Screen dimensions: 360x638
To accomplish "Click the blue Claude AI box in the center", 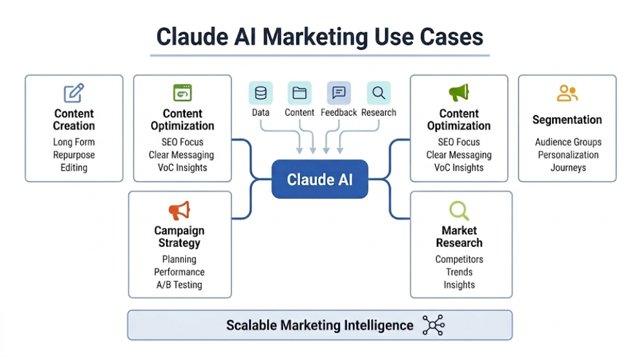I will tap(319, 179).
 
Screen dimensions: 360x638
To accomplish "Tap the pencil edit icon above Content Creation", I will tap(74, 93).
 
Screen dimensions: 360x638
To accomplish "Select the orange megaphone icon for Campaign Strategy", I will tap(179, 211).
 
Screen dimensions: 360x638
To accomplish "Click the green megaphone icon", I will tap(458, 93).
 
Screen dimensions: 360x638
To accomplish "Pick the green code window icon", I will tap(182, 93).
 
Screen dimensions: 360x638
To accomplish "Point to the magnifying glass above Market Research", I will tap(459, 210).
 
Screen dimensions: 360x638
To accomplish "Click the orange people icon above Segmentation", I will tap(567, 93).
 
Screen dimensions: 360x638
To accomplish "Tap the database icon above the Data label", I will tap(261, 93).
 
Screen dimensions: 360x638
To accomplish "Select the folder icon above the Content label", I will tap(299, 93).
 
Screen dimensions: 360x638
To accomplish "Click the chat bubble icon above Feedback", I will tap(339, 93).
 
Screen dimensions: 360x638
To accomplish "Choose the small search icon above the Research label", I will tap(379, 93).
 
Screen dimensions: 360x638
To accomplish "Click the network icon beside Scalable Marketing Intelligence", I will tap(433, 325).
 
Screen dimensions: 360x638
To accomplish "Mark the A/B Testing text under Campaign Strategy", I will tap(179, 284).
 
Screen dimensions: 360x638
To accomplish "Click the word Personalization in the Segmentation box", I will tap(568, 155).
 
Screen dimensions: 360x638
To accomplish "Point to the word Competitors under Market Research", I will tap(459, 259).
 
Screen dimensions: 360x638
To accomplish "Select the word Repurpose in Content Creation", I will tap(74, 155).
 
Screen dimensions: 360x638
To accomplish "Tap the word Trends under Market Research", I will tap(459, 272).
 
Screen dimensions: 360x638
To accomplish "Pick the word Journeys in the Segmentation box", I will tap(568, 168).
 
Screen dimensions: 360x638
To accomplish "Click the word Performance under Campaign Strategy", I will tap(179, 272).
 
